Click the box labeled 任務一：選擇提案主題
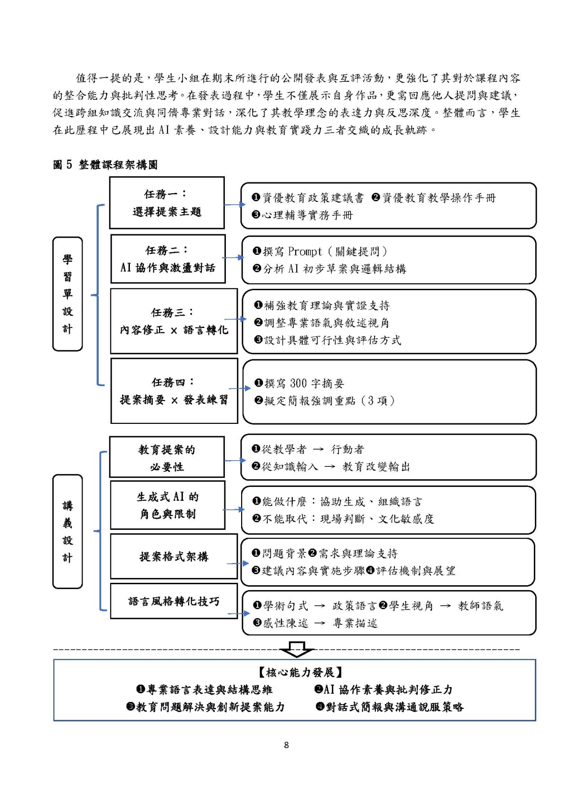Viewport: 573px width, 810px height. click(167, 203)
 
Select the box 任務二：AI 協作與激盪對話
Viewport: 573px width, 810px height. click(168, 259)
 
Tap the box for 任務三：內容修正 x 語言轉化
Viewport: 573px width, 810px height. click(174, 321)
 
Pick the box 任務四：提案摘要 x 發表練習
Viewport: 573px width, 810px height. click(174, 391)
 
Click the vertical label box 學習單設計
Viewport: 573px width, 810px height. click(67, 294)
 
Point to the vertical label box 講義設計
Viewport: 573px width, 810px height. click(67, 531)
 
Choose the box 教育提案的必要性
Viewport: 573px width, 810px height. click(167, 457)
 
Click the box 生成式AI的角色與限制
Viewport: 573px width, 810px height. click(168, 505)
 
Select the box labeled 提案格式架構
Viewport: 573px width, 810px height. click(174, 557)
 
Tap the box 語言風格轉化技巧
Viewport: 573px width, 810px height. click(174, 601)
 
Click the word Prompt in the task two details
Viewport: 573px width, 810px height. click(305, 252)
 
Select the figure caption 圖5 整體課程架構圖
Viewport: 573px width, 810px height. click(105, 165)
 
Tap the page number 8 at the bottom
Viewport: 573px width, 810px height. click(286, 745)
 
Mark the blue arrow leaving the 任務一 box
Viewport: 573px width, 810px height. click(233, 204)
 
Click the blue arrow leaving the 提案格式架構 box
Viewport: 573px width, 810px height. click(237, 563)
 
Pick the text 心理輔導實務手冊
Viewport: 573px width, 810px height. click(307, 215)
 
